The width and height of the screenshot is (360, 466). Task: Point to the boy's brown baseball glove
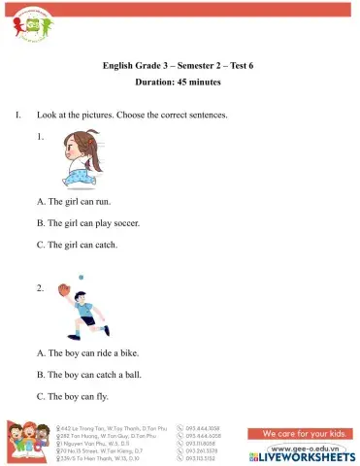(x=64, y=289)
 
